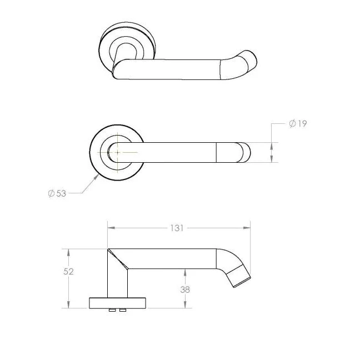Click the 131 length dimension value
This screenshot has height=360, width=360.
tap(177, 228)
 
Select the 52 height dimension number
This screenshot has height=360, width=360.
tap(68, 272)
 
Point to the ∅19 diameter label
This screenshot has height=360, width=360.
tap(298, 123)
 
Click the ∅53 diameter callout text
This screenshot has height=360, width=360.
tap(57, 193)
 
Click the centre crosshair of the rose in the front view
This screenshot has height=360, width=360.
tap(117, 152)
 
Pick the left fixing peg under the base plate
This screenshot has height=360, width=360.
tap(113, 310)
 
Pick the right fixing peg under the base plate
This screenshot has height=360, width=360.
tap(122, 310)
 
